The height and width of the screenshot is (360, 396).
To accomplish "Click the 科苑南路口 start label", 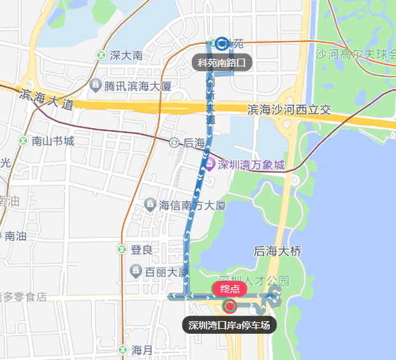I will point(221,62).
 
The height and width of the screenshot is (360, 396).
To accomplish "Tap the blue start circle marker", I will point(221,43).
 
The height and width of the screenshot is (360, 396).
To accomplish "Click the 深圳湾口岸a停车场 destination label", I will point(230,325).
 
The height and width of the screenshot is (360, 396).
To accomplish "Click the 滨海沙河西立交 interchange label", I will point(289,110).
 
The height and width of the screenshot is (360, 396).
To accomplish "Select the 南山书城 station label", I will point(53,141).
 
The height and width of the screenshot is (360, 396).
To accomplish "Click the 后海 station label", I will point(194,143).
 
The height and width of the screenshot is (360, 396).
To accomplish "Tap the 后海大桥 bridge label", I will point(277,252).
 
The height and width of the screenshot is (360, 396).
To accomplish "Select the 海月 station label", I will point(142,350).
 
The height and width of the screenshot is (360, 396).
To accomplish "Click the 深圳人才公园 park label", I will point(254,280).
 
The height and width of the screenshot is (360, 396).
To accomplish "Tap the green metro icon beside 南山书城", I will point(23,141).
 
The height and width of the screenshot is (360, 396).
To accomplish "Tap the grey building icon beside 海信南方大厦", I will point(149,205).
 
